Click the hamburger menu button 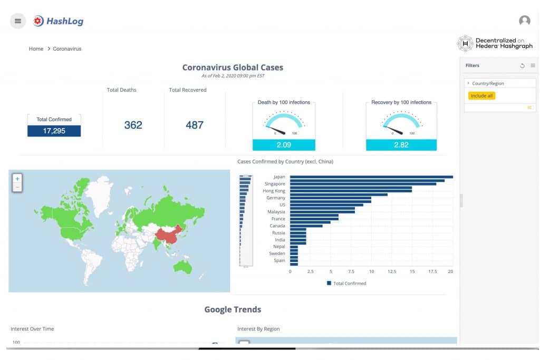[x=18, y=21]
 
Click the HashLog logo [x=58, y=21]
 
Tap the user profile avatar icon [x=524, y=21]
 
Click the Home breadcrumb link [x=36, y=49]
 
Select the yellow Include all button [x=482, y=96]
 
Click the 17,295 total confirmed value [x=54, y=131]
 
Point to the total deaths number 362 [x=133, y=125]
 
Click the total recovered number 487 [x=195, y=125]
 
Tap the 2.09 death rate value [x=284, y=145]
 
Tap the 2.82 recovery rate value [x=401, y=145]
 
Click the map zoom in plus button [x=17, y=179]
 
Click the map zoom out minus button [x=17, y=187]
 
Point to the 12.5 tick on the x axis [x=391, y=271]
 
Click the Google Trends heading [x=233, y=309]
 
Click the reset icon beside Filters [x=522, y=66]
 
